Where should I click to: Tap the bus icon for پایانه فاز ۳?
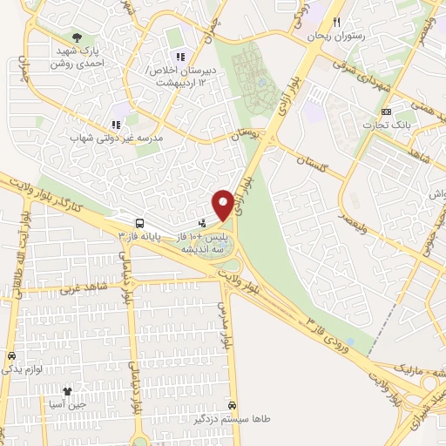coord(140,222)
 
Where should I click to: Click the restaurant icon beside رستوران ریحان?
coord(337,24)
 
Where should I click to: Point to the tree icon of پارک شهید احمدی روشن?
coord(78,38)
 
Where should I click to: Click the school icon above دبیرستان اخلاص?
coord(180,57)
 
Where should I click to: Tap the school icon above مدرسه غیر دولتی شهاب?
coord(116,125)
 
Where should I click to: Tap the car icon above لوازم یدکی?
coord(11,355)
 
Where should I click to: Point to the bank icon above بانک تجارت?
coord(388,111)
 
